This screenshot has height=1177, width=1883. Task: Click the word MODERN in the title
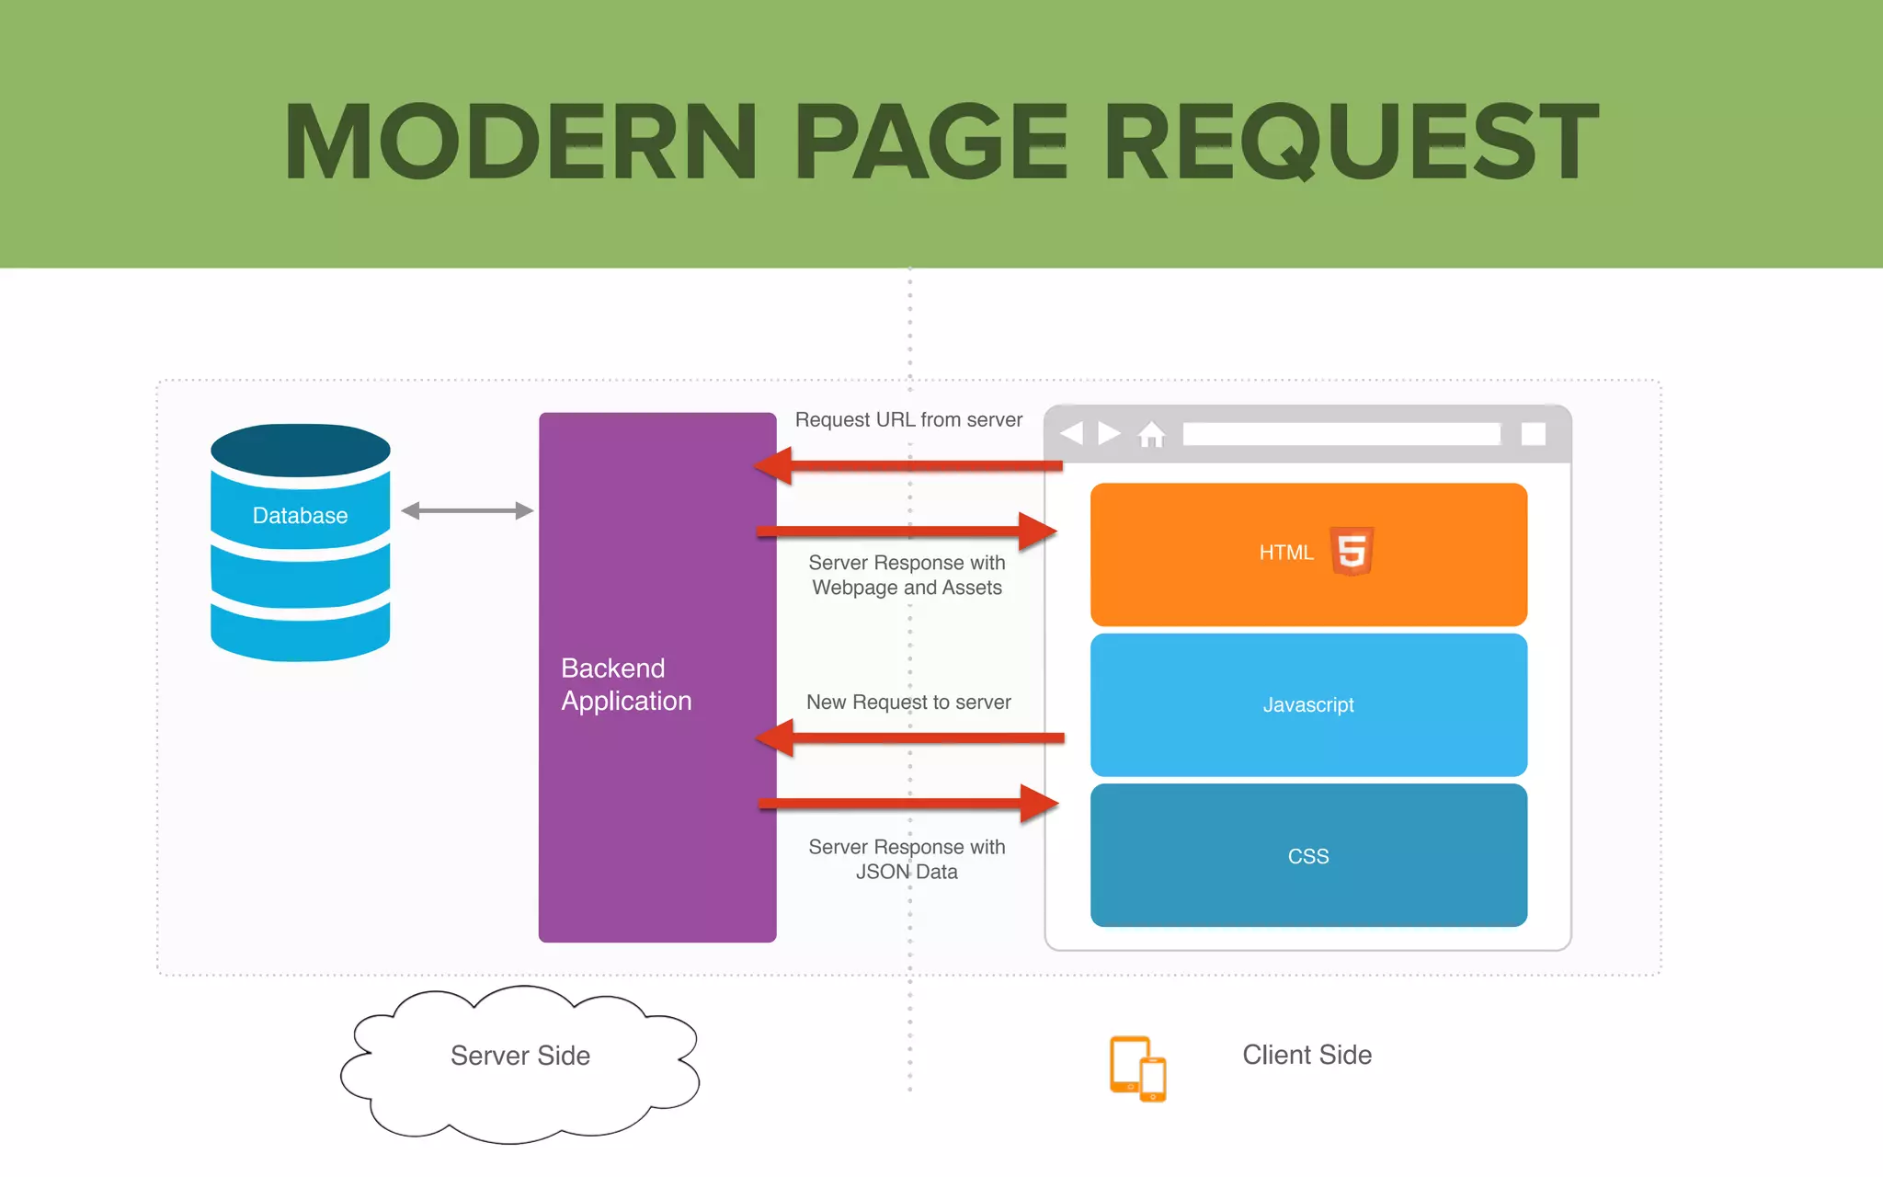tap(520, 142)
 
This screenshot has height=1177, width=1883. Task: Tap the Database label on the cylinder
tap(300, 516)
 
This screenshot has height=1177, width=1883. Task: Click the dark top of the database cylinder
tap(300, 450)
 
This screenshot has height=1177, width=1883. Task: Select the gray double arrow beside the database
tap(467, 510)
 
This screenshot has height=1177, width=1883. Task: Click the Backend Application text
tap(626, 684)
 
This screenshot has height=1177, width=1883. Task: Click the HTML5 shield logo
tap(1352, 552)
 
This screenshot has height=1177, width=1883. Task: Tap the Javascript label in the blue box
tap(1307, 705)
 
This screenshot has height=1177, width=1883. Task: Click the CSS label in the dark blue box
tap(1307, 856)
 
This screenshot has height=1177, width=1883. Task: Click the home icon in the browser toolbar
tap(1151, 434)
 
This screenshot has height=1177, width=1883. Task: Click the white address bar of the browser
tap(1341, 434)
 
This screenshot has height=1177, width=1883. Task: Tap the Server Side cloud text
tap(519, 1056)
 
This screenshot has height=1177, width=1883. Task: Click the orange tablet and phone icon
tap(1137, 1068)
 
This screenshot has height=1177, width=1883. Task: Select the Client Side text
tap(1307, 1055)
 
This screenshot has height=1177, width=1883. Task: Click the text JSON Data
tap(907, 872)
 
